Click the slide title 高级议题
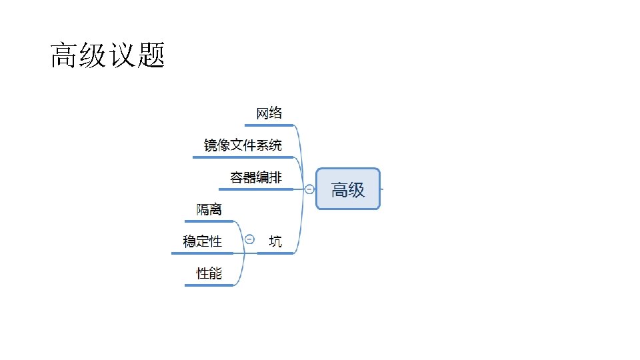107,56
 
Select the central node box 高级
348,189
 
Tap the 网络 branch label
270,113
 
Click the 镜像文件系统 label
243,145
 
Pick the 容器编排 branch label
256,177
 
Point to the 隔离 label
209,209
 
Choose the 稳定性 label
203,241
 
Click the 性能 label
209,273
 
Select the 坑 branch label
275,241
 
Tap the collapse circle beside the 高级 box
309,189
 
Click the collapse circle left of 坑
249,239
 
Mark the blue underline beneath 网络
269,125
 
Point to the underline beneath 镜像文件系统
243,157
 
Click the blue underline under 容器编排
256,189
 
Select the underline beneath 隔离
209,221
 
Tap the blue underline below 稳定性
203,253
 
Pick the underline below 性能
209,285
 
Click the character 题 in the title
151,56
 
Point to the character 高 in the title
64,56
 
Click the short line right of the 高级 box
382,189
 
